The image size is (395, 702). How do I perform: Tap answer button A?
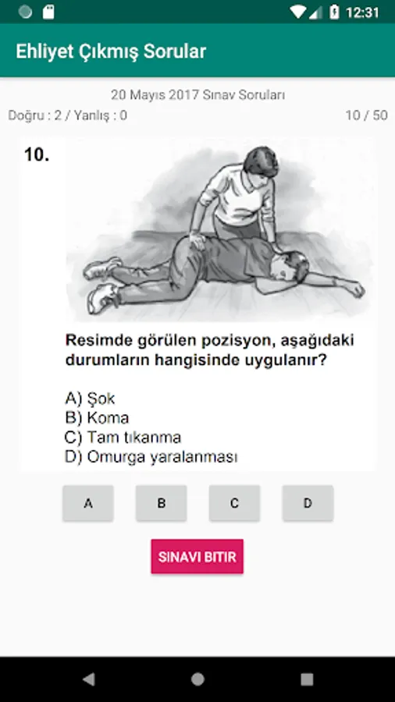88,503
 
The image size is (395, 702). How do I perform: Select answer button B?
162,503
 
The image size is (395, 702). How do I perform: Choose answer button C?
235,503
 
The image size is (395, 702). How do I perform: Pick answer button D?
308,503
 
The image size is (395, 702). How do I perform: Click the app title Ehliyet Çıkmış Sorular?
111,51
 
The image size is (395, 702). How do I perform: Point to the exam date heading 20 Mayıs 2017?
155,95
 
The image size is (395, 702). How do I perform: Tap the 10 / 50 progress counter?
366,115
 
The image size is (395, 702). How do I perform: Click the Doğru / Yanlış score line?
68,115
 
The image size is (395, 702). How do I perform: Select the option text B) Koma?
97,418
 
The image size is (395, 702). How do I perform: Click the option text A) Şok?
90,398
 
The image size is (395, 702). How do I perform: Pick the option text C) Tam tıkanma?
123,437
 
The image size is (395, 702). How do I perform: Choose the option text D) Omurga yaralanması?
151,457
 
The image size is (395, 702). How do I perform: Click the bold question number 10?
37,155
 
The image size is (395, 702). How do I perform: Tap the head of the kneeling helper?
260,162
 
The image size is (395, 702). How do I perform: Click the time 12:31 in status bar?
362,12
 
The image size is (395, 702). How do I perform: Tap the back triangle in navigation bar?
89,679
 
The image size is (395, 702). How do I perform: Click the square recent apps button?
307,679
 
